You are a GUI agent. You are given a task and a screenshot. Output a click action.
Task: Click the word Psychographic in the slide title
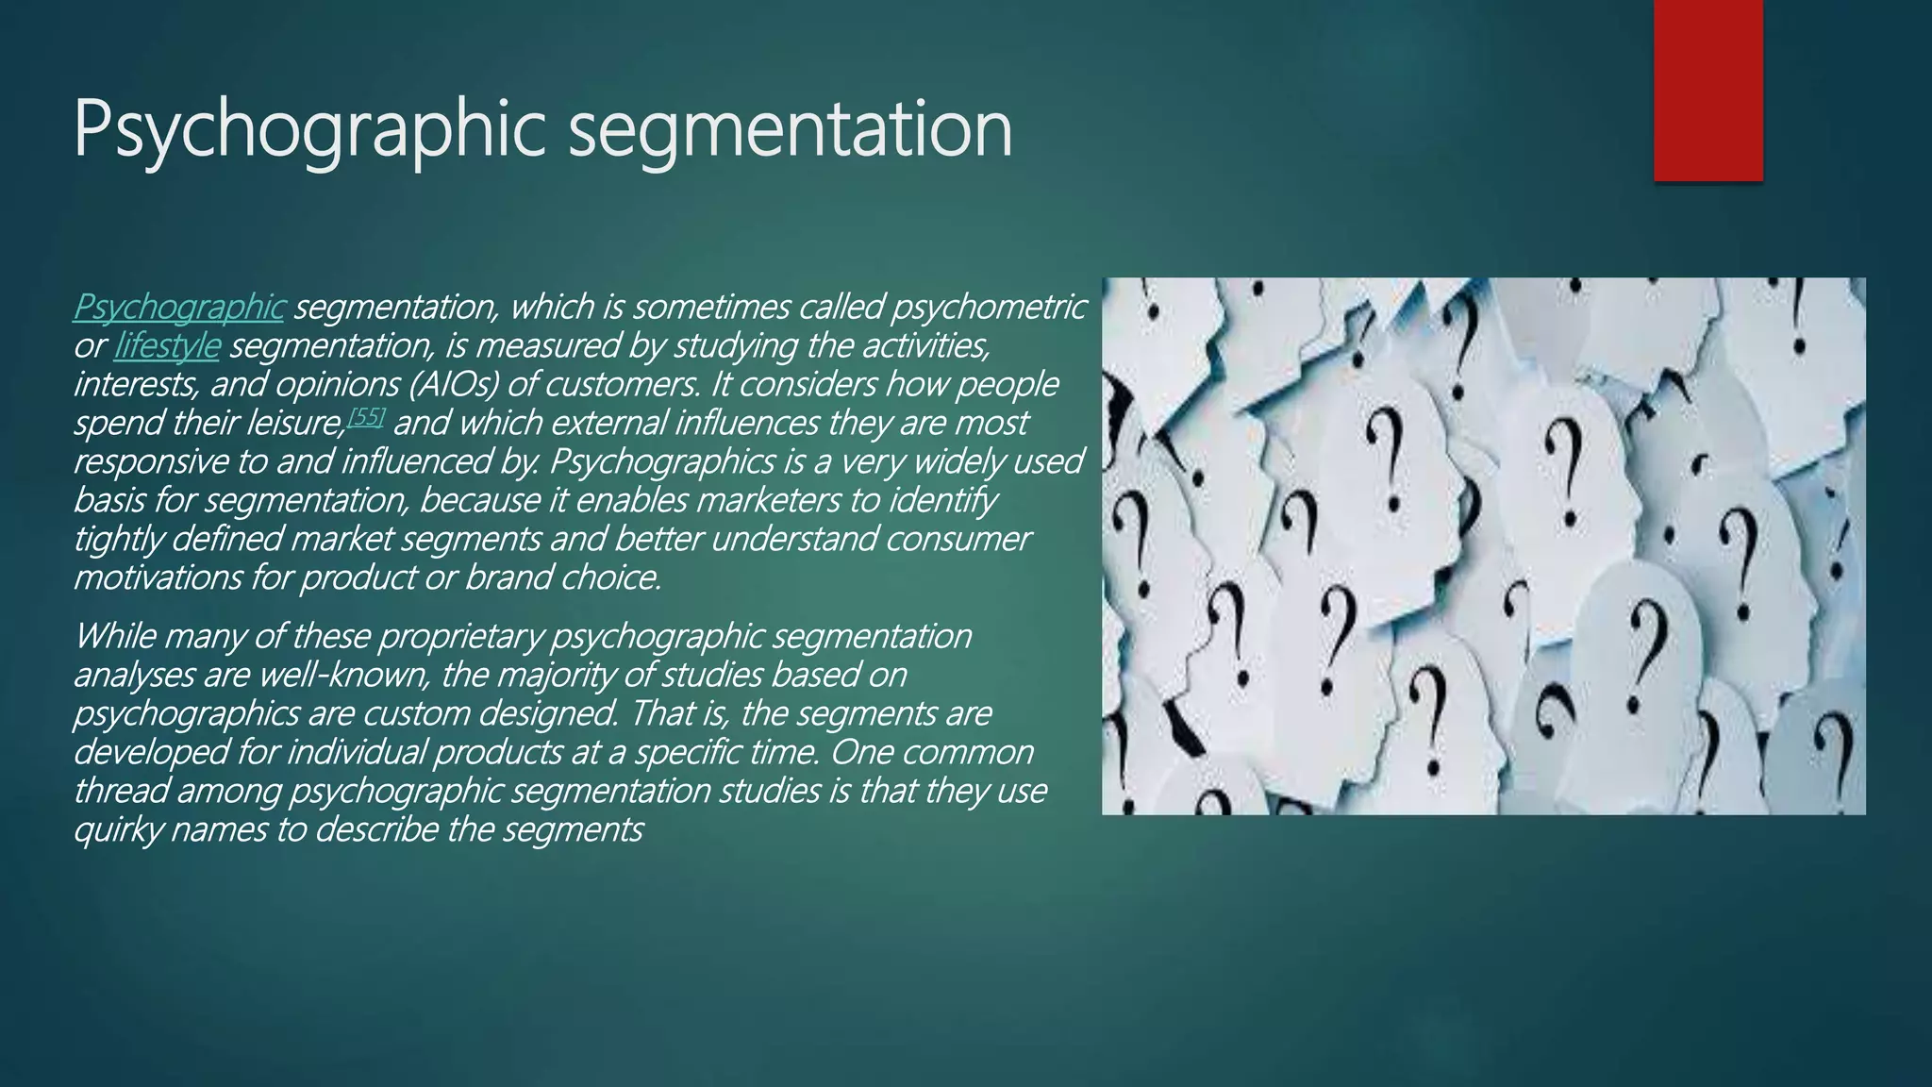(x=308, y=130)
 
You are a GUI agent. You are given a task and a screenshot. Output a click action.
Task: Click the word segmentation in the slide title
(x=791, y=130)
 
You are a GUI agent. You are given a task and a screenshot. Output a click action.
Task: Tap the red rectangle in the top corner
(x=1707, y=91)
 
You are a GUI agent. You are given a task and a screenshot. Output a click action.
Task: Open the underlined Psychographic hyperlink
(x=178, y=308)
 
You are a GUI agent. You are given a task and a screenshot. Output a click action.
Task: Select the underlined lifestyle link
(x=167, y=346)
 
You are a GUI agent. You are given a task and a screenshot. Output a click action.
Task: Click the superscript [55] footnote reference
(x=366, y=416)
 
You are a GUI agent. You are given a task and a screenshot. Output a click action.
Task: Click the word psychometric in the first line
(x=988, y=308)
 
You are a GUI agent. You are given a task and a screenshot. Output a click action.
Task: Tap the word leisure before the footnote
(x=295, y=424)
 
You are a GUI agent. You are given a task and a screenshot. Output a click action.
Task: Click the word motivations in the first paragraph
(x=158, y=577)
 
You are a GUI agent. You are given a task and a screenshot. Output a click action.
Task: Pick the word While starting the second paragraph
(x=114, y=637)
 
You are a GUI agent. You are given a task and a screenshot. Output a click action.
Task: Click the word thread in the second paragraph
(x=120, y=791)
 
